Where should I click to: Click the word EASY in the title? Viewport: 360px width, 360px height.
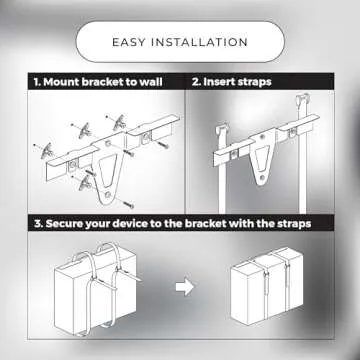132,42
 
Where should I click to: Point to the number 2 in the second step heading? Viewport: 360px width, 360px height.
195,81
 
